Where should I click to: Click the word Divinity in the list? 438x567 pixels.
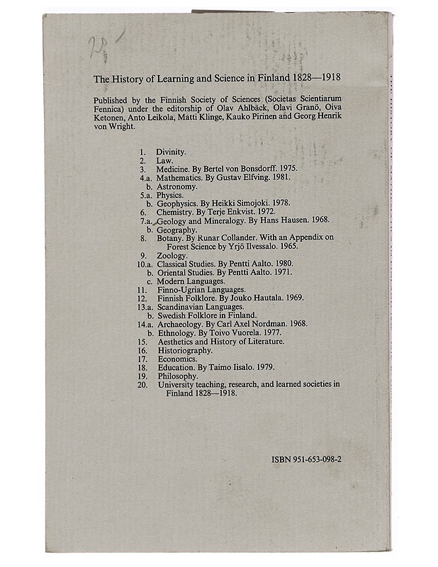(x=171, y=152)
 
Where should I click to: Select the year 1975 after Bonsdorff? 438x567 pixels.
(x=284, y=169)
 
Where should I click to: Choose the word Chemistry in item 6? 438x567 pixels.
(x=175, y=212)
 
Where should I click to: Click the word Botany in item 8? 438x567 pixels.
(x=171, y=238)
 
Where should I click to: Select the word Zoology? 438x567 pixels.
(x=172, y=255)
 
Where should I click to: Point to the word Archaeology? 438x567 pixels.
(x=179, y=324)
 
